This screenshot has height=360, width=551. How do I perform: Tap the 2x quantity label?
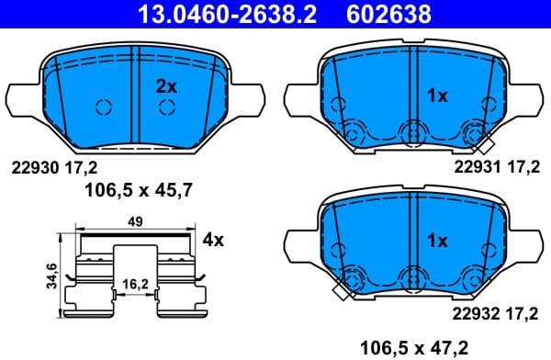(x=165, y=87)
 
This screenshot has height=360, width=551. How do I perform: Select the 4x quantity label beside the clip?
(x=213, y=241)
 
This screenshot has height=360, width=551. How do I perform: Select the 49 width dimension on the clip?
(x=134, y=221)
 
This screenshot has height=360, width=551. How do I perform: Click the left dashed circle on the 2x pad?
(x=104, y=107)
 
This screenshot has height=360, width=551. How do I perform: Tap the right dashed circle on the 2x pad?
(x=166, y=107)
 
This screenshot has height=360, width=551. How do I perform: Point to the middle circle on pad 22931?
(x=411, y=136)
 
